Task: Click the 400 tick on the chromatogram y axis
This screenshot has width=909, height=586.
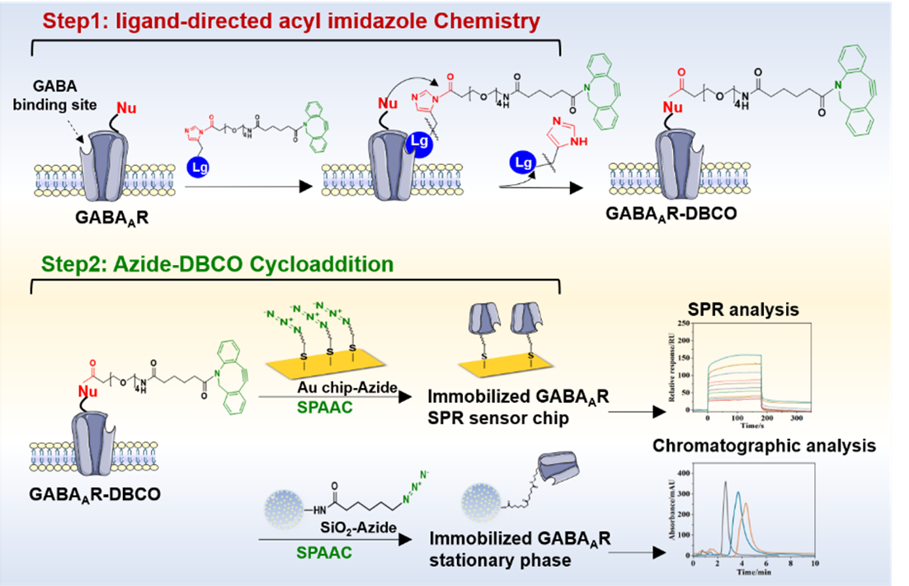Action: click(x=683, y=473)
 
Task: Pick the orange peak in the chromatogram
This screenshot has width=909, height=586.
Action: click(x=746, y=504)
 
